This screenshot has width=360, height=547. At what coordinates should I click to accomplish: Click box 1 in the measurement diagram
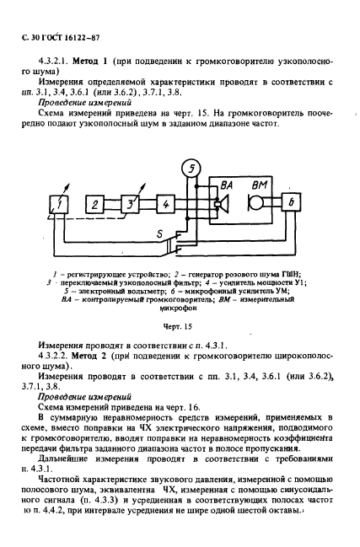click(59, 203)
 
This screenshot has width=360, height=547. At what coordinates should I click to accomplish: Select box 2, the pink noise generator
click(97, 204)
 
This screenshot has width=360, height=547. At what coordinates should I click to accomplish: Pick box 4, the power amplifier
click(164, 203)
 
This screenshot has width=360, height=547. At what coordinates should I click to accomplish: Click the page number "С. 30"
click(23, 36)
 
